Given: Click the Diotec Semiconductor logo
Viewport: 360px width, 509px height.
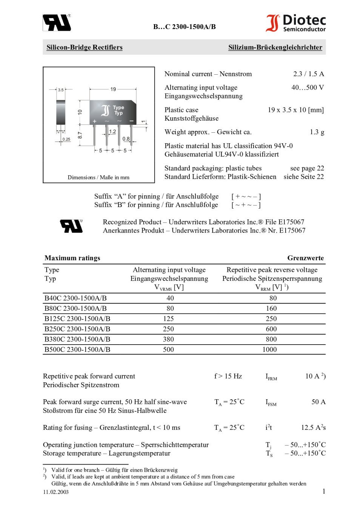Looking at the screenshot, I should point(295,23).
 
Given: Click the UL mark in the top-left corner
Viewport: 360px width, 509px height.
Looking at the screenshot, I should point(57,23).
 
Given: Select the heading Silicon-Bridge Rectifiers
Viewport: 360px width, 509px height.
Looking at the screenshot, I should point(85,48).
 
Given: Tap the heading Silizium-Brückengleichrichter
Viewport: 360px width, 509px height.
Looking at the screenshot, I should point(275,48).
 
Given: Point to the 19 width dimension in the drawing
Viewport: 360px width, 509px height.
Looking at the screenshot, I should point(113,89).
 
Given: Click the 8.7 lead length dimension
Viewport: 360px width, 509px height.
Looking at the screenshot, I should point(80,135).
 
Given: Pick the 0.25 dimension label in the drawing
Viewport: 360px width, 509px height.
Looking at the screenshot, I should point(66,139).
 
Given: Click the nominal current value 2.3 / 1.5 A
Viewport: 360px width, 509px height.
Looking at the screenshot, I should point(308,74).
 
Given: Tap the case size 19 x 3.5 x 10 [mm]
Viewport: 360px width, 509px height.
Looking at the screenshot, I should point(295,110).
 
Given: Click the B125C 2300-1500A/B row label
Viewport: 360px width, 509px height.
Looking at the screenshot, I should point(77,319).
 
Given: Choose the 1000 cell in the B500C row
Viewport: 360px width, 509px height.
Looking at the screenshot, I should point(269,350).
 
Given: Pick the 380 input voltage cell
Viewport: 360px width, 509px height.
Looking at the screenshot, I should point(168,339).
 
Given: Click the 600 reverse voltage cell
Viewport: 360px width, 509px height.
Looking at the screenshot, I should point(271,329).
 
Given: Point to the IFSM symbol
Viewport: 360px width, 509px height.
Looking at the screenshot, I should point(271,403).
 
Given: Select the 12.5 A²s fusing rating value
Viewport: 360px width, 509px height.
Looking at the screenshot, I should point(313,428).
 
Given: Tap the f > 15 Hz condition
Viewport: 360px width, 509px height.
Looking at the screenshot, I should point(228,376).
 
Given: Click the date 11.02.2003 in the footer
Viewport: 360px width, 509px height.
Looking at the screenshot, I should point(56,492).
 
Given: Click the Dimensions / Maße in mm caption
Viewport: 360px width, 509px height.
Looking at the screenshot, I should point(98,177).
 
